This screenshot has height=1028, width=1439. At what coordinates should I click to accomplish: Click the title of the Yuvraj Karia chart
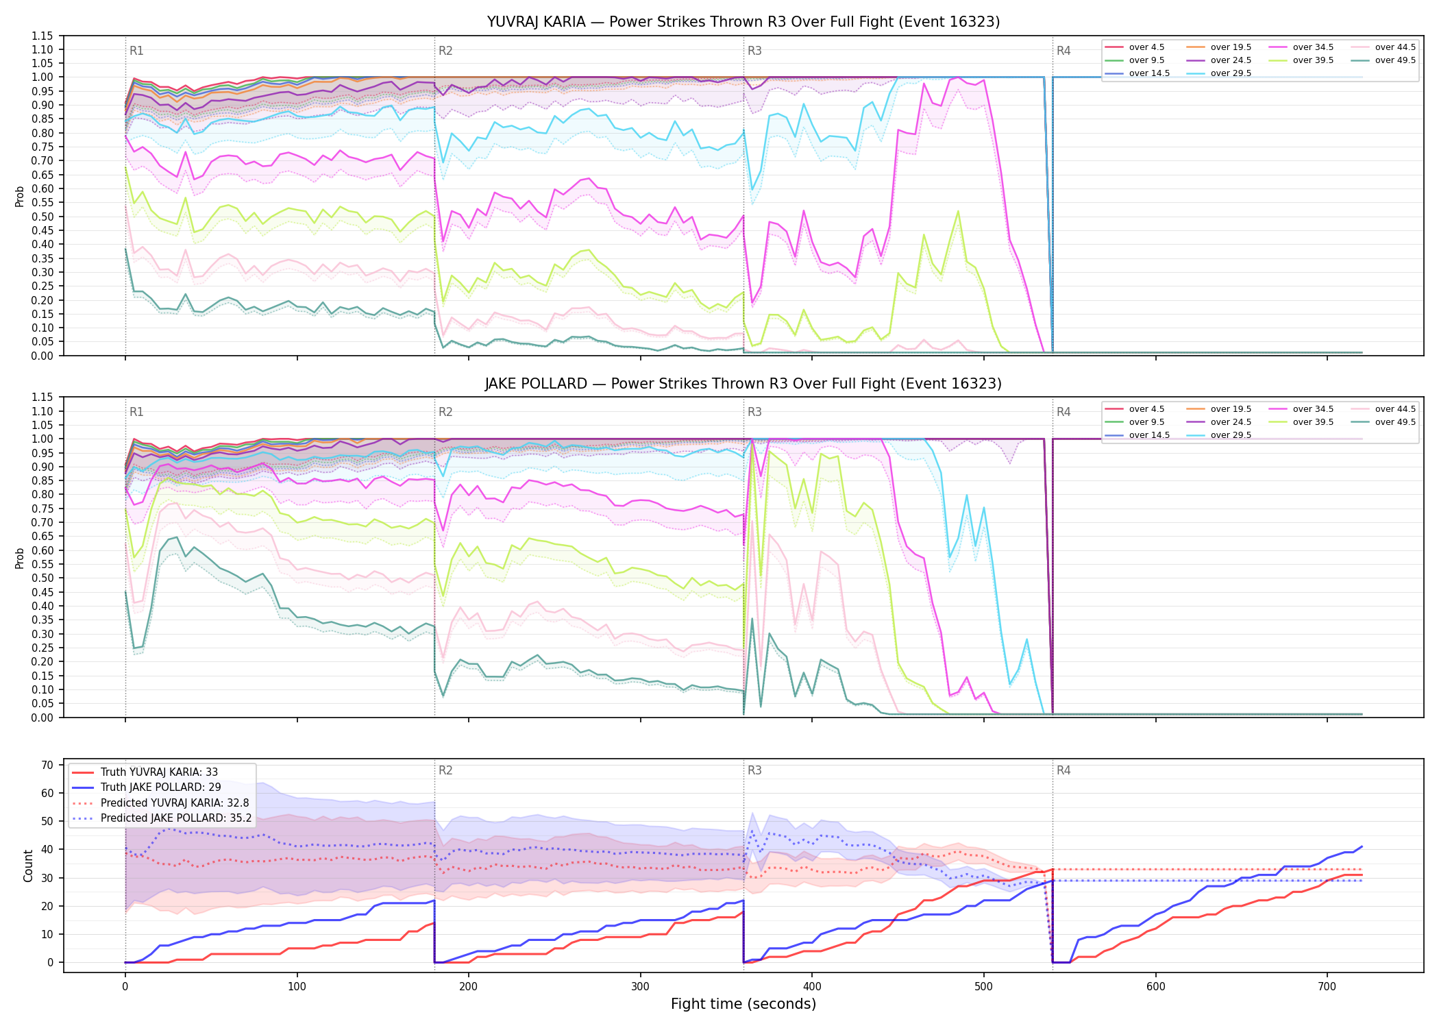click(743, 22)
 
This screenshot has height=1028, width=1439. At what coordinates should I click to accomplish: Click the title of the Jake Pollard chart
click(743, 384)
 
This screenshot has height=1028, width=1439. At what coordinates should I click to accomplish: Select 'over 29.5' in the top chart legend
click(1231, 73)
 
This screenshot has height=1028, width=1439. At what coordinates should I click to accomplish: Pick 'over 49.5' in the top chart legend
click(1395, 60)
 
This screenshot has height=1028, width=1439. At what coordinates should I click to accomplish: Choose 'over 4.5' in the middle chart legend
click(1146, 409)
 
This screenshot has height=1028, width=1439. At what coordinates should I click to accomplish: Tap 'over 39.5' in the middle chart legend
click(1313, 422)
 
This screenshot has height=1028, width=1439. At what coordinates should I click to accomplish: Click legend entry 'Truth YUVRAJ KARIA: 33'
click(159, 772)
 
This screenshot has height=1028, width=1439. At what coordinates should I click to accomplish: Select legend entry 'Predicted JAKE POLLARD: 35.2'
click(176, 818)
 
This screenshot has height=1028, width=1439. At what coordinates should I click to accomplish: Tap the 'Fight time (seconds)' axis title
click(743, 1004)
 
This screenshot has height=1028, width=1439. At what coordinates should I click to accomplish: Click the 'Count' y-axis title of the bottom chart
click(28, 866)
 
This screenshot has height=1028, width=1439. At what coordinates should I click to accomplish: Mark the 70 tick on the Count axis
click(47, 766)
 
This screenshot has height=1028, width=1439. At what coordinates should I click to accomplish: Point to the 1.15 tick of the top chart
click(42, 36)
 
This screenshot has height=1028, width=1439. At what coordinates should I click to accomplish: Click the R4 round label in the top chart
click(1063, 51)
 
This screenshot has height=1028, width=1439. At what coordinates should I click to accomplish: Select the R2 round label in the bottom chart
click(445, 770)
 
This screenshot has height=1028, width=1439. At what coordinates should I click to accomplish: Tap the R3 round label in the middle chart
click(754, 412)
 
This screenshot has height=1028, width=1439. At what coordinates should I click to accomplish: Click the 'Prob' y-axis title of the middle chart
click(20, 558)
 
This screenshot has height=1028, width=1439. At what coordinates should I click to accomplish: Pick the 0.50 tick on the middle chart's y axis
click(42, 578)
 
